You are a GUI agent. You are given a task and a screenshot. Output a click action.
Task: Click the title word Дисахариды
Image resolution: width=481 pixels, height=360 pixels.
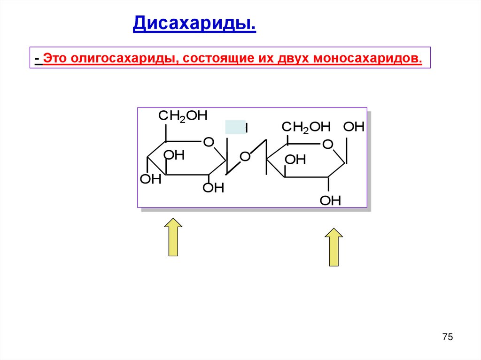click(194, 23)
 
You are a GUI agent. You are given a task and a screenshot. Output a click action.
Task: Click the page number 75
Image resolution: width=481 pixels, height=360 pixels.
click(447, 337)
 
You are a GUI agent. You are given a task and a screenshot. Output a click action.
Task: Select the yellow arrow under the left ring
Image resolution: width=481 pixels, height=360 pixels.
click(173, 237)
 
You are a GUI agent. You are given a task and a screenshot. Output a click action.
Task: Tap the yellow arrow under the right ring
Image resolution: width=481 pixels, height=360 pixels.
click(334, 247)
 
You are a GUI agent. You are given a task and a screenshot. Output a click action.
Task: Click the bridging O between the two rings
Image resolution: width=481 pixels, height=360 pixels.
click(245, 156)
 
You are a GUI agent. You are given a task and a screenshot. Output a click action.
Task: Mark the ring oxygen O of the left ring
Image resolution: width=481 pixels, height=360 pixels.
click(209, 142)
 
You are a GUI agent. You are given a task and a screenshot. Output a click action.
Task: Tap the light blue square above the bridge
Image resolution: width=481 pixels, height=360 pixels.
click(235, 127)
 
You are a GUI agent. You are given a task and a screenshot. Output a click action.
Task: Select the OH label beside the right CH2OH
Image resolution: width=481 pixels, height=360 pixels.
click(354, 127)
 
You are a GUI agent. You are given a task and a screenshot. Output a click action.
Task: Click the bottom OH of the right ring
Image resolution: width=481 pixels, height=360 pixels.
click(330, 201)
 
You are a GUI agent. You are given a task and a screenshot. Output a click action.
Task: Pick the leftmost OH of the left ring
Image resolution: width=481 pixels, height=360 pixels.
click(151, 179)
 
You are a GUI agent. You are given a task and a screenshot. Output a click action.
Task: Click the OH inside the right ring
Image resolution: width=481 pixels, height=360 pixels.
click(295, 160)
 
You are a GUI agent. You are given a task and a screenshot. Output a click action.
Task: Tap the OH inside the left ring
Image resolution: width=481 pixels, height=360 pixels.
click(174, 155)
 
